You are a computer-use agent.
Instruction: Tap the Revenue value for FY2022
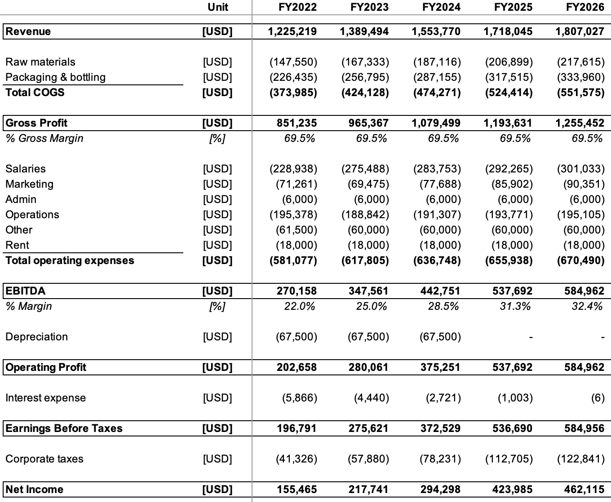(x=292, y=31)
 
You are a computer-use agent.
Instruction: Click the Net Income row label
(x=34, y=489)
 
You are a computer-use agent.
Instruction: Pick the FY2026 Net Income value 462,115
(x=584, y=489)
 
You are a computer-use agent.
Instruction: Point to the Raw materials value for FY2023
(x=365, y=62)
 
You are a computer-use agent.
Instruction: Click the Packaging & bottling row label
(x=55, y=77)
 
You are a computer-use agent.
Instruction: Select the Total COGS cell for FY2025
(x=509, y=92)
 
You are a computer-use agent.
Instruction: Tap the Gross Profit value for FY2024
(x=436, y=123)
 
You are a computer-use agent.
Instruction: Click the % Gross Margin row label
(x=44, y=138)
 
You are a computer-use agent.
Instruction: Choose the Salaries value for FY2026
(x=580, y=169)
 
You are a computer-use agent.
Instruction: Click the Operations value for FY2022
(x=293, y=215)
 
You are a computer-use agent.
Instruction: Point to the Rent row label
(x=17, y=245)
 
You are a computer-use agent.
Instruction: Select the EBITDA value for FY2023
(x=368, y=291)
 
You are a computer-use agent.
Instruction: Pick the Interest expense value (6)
(x=598, y=398)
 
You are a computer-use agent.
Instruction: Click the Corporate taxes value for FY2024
(x=437, y=459)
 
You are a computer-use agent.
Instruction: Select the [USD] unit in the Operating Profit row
(x=217, y=367)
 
